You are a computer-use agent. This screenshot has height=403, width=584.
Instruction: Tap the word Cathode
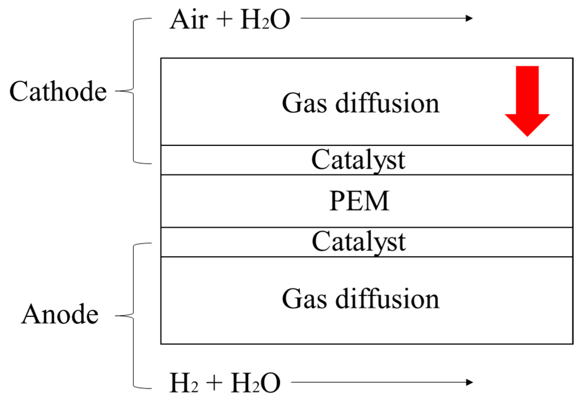[x=58, y=91]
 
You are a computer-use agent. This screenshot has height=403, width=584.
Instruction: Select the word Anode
[x=60, y=315]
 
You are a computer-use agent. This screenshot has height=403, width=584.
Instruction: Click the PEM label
[x=359, y=201]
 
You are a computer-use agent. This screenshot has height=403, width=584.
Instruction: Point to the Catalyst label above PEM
[x=358, y=160]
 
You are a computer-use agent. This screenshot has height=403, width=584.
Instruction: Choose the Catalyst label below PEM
[x=359, y=242]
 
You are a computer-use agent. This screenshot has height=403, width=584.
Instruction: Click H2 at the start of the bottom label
[x=183, y=383]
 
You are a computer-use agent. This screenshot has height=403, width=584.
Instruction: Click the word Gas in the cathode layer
[x=304, y=104]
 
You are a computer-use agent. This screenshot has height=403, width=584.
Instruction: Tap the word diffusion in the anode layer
[x=387, y=299]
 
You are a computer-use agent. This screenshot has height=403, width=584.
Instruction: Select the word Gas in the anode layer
[x=304, y=300]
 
